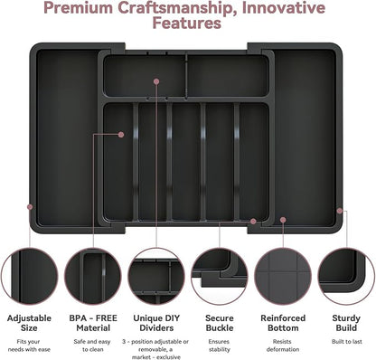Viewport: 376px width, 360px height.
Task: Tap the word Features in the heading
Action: [187, 24]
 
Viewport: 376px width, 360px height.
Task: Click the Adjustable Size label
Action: [29, 323]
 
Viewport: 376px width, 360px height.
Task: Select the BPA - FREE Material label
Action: [93, 323]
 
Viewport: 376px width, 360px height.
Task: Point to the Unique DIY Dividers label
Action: [156, 323]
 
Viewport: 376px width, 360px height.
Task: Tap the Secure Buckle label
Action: [220, 323]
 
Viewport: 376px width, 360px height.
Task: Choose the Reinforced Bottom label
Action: [283, 323]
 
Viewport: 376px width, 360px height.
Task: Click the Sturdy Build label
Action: [346, 323]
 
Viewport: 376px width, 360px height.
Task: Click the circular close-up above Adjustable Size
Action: [30, 276]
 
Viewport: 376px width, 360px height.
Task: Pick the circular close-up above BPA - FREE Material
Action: [93, 276]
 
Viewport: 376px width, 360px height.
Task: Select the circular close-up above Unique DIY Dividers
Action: [156, 276]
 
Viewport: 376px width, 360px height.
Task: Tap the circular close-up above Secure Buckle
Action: [220, 276]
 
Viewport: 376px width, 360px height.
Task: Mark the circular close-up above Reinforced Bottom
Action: [283, 276]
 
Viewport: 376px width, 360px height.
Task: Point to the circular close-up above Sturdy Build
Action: [346, 276]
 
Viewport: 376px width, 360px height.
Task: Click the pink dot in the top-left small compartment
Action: [156, 81]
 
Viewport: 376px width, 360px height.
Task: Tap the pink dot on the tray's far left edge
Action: [30, 207]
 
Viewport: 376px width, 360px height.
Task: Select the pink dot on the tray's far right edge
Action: [340, 211]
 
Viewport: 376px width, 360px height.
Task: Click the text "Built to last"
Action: [347, 342]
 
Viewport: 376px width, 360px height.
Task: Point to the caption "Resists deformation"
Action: [283, 346]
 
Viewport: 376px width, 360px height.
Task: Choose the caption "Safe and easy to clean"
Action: [92, 346]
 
